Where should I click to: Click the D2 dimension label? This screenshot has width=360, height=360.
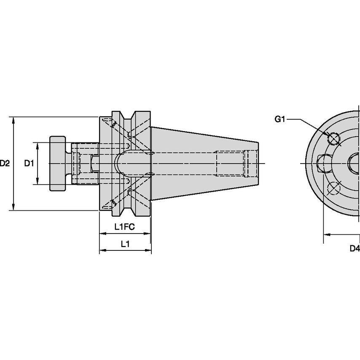pos(5,163)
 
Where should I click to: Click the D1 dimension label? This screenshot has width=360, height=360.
pos(29,163)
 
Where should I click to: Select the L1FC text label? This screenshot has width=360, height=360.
pos(124,227)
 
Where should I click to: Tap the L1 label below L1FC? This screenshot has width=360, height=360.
pos(125,244)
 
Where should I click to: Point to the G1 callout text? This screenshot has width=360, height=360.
pos(280,119)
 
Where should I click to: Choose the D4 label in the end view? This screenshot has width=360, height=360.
pos(355,248)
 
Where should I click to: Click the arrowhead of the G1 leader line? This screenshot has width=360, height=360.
pos(330,136)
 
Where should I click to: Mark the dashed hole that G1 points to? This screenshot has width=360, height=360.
pos(334,139)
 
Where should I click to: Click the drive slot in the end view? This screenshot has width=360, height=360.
pos(324,164)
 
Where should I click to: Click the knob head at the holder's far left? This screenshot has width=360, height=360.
pos(58,163)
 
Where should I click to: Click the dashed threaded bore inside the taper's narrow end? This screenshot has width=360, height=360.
pos(236,163)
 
